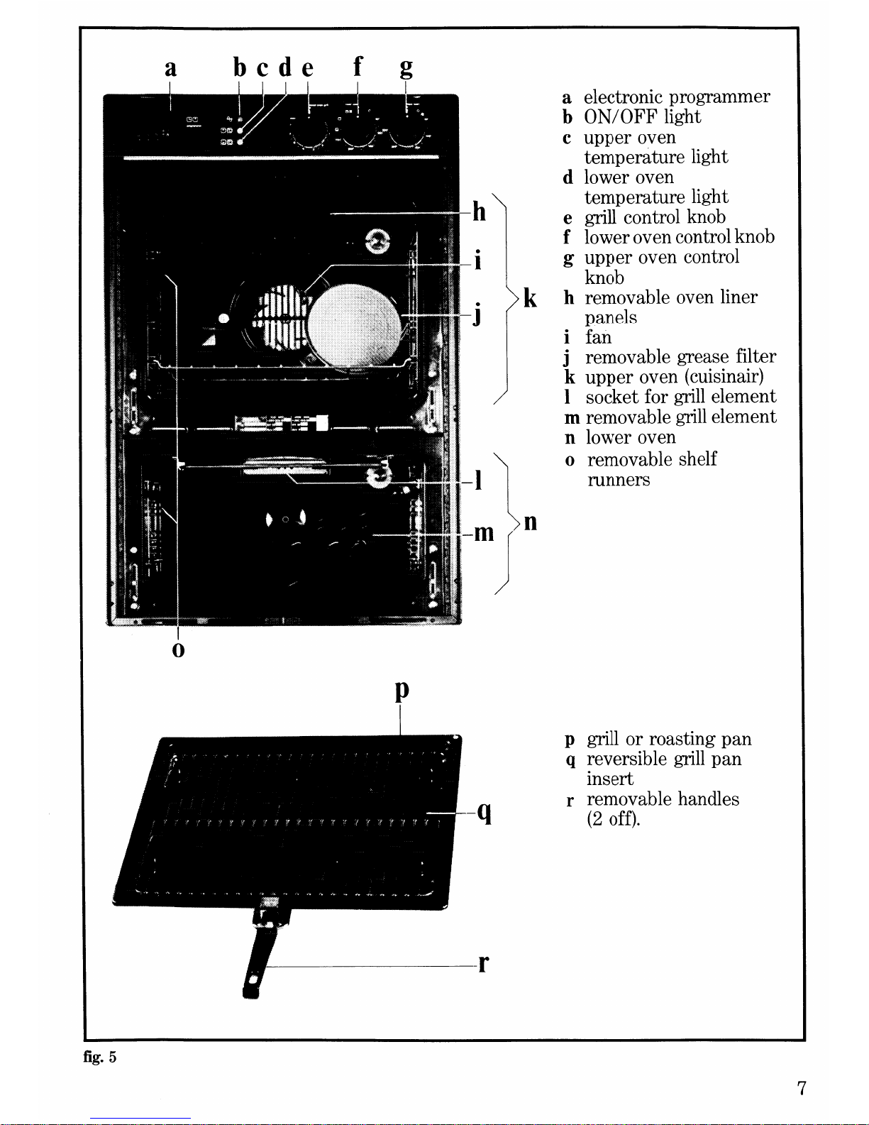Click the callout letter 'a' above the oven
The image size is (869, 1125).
[170, 69]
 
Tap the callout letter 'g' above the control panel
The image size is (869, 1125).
[406, 69]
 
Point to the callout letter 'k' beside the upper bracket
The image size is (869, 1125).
[530, 298]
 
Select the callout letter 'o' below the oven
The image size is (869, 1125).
[178, 650]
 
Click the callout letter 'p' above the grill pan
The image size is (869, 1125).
[402, 691]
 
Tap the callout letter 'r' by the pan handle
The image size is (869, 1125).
[483, 963]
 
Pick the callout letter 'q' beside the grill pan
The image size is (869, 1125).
[485, 811]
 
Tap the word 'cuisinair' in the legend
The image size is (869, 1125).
[724, 377]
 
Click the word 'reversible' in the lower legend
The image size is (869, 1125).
[626, 759]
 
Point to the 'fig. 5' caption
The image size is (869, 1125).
[99, 1058]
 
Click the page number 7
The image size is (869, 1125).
[801, 1088]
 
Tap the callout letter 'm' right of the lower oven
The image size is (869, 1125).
[483, 532]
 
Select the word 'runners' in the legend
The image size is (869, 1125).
[619, 480]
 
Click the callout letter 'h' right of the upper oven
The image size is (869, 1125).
[480, 212]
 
